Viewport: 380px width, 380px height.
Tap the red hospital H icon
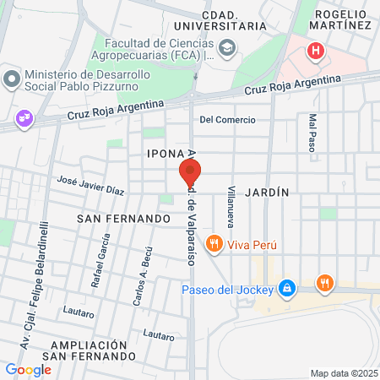(316, 51)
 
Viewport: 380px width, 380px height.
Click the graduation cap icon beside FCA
(228, 51)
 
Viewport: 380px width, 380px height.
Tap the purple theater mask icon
(24, 118)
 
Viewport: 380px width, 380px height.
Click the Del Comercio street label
(227, 120)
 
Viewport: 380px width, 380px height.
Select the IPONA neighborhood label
(166, 154)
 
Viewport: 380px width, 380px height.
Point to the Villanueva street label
(229, 210)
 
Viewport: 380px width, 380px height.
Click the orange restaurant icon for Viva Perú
(215, 245)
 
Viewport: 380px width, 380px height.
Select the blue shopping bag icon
(287, 290)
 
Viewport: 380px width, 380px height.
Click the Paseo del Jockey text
(227, 290)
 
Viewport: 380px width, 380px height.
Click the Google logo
(28, 369)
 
